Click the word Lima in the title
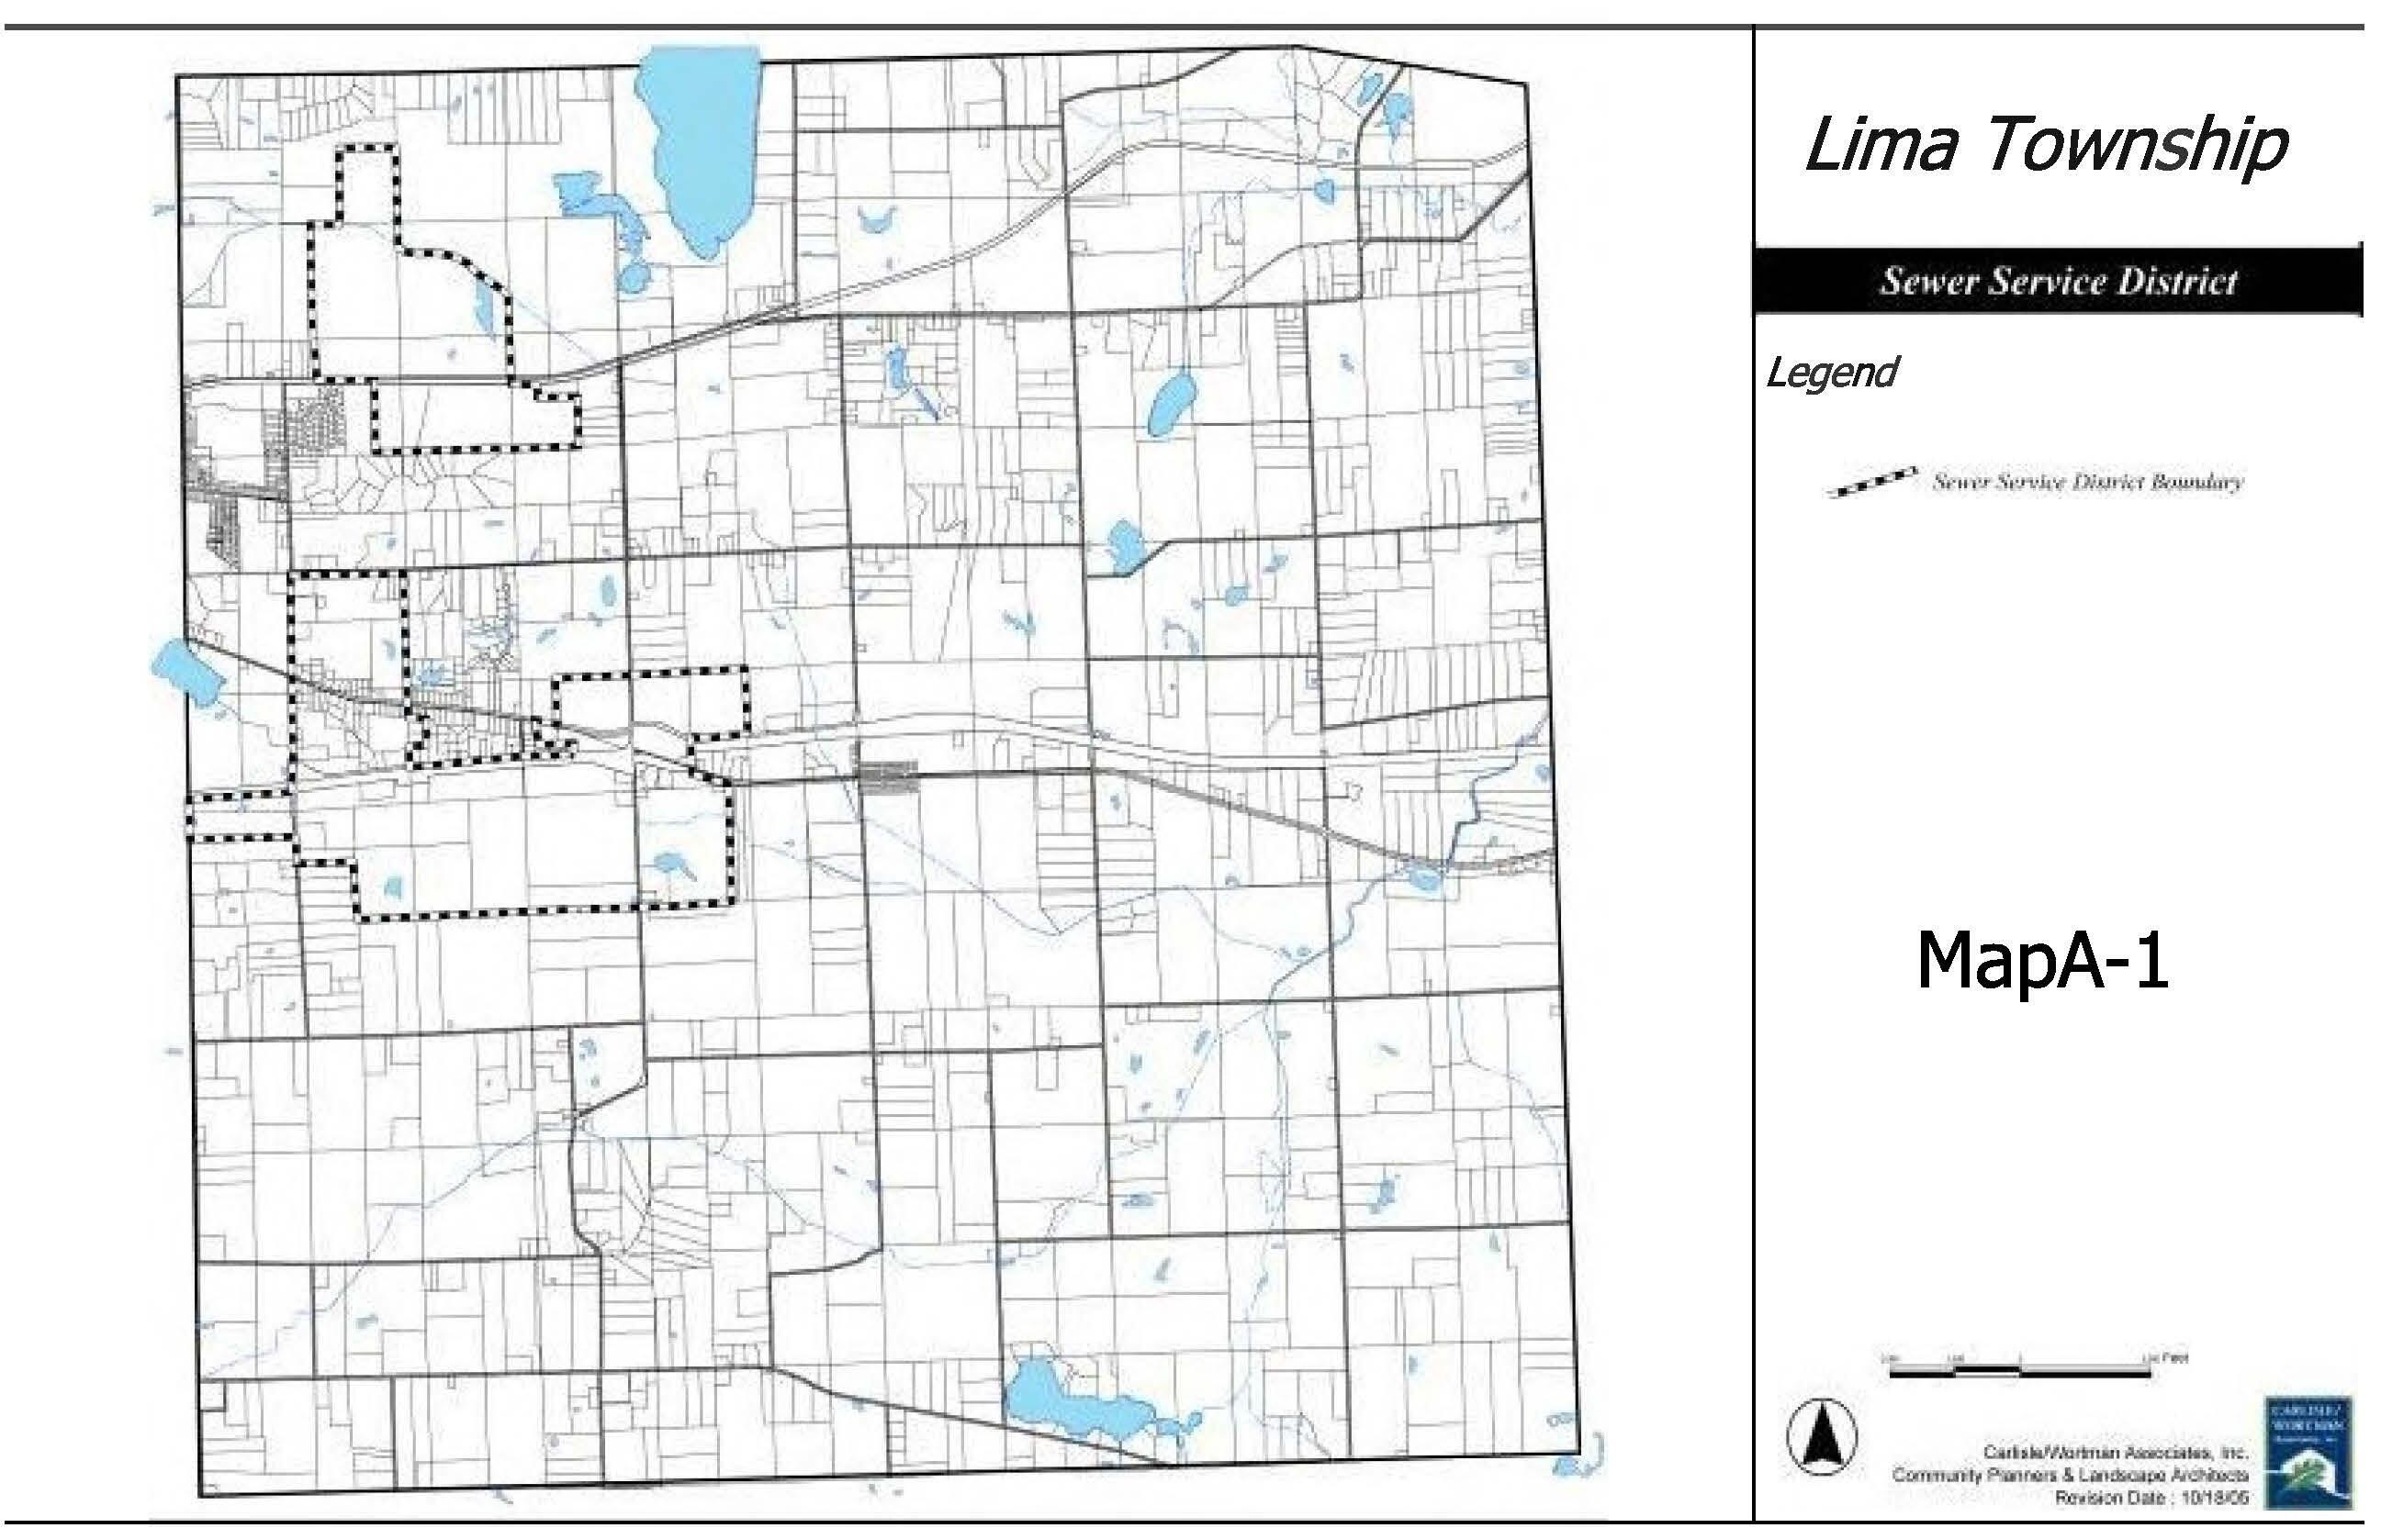tap(1881, 146)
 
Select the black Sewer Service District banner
tap(2057, 282)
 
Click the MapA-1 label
tap(2042, 961)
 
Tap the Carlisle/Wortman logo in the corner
tap(2308, 1452)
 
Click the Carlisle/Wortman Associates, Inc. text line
tap(2114, 1453)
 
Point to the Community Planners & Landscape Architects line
tap(2070, 1476)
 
